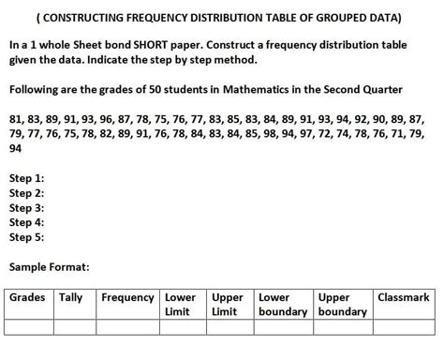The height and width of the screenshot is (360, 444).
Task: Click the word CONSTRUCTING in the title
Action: coord(84,19)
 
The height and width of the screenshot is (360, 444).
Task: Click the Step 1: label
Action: coord(26,178)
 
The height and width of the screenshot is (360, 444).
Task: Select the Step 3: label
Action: coord(26,208)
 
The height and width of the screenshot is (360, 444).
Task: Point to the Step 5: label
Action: coord(26,238)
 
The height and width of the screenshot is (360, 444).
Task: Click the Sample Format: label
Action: coord(50,267)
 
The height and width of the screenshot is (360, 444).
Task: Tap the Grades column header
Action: coord(27,298)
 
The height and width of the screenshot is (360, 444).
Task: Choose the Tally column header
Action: coord(71,298)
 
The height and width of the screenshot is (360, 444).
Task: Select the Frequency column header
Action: coord(127,298)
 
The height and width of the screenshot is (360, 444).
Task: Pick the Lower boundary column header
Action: coord(283,305)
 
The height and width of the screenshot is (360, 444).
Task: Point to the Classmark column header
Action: coord(404,298)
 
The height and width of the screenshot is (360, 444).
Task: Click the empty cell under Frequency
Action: coord(127,327)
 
